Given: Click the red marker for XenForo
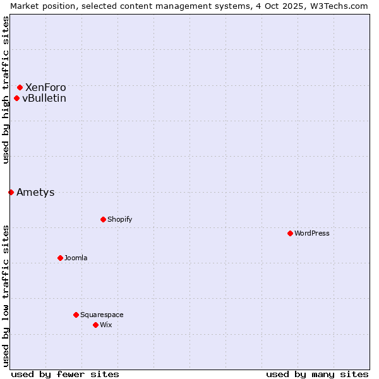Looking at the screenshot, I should [20, 87].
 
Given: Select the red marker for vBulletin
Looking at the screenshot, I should [16, 98].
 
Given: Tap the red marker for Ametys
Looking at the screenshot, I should [11, 192].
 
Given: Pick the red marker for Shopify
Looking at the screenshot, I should [103, 219].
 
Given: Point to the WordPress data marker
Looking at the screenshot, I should [290, 233].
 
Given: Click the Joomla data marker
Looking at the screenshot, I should [60, 258].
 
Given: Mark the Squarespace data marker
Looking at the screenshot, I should [76, 315].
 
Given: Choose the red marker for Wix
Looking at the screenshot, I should [95, 325].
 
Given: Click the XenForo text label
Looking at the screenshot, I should [45, 87].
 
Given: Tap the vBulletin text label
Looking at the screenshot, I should [44, 98].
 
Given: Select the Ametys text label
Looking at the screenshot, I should [35, 192].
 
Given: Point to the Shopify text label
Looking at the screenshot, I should [120, 219].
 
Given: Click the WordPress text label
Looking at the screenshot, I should [312, 233].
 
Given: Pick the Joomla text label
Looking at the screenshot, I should [76, 258].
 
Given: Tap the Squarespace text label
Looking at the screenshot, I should [102, 315].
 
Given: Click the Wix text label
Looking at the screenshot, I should [105, 325].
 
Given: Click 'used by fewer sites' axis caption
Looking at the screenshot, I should [65, 374].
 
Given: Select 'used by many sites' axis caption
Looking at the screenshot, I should [317, 374].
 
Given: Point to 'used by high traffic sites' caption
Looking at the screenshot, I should [6, 90].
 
